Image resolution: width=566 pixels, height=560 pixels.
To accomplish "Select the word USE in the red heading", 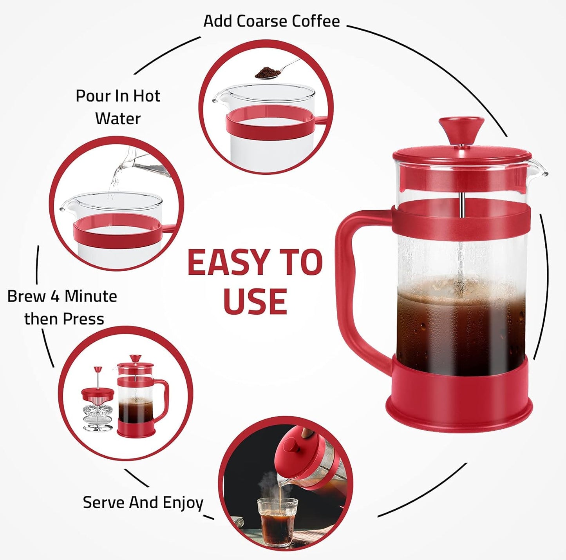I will point(255,302).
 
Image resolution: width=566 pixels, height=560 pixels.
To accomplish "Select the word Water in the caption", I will point(118,118).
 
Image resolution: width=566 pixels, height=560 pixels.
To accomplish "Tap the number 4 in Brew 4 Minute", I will point(55,296).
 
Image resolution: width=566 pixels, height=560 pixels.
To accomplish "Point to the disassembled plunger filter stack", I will point(97,408).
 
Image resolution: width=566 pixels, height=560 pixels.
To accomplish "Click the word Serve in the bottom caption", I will point(104,502).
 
